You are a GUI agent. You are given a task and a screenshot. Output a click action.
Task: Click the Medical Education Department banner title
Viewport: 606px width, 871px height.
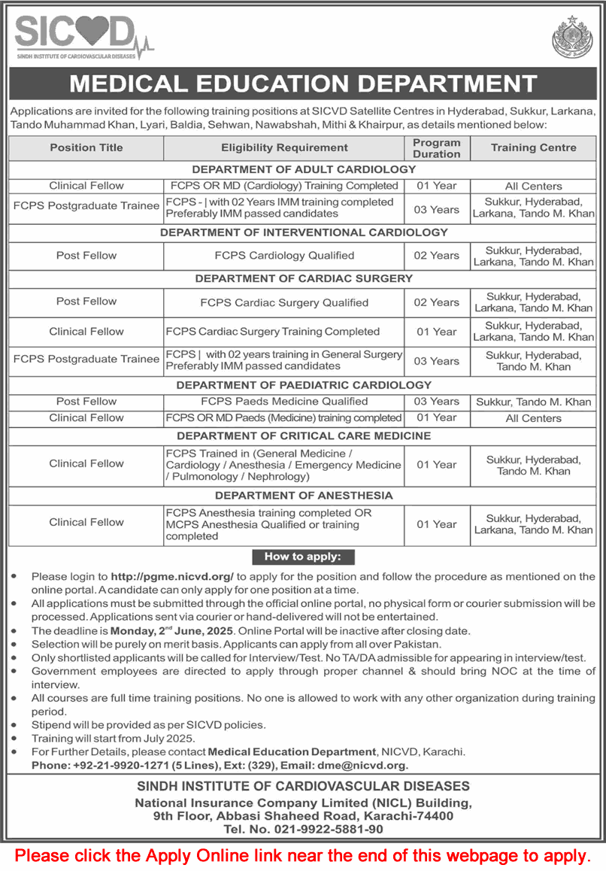pos(303,83)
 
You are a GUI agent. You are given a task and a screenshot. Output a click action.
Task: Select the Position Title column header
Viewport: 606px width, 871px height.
pos(86,147)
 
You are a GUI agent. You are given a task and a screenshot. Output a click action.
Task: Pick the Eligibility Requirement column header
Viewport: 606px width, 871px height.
pos(284,147)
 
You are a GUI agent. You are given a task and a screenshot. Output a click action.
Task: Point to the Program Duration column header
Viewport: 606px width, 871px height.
pos(436,147)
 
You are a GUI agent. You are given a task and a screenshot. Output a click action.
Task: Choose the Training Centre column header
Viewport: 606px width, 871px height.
pos(533,147)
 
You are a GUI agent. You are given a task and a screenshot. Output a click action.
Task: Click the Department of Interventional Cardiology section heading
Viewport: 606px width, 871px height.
pos(304,232)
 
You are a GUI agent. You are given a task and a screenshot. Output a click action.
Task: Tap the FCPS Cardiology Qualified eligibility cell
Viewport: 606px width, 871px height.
pos(284,256)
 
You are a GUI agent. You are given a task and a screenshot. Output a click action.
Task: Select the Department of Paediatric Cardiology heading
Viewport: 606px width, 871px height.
pos(304,385)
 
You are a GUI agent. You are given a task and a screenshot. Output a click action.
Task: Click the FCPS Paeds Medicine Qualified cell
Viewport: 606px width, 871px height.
pos(284,402)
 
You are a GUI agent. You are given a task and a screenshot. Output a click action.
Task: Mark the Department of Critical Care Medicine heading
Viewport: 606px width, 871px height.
pos(304,435)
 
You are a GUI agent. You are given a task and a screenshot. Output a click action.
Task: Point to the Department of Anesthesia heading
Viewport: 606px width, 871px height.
pos(304,495)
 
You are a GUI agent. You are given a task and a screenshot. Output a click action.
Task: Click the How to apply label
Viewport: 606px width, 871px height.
pos(302,557)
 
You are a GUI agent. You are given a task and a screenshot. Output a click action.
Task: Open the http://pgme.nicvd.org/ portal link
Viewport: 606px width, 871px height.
pos(173,576)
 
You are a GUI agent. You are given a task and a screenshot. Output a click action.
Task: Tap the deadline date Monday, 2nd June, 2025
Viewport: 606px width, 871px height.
pos(172,630)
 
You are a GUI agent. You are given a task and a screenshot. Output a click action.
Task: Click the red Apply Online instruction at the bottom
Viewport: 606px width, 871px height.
pos(303,855)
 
